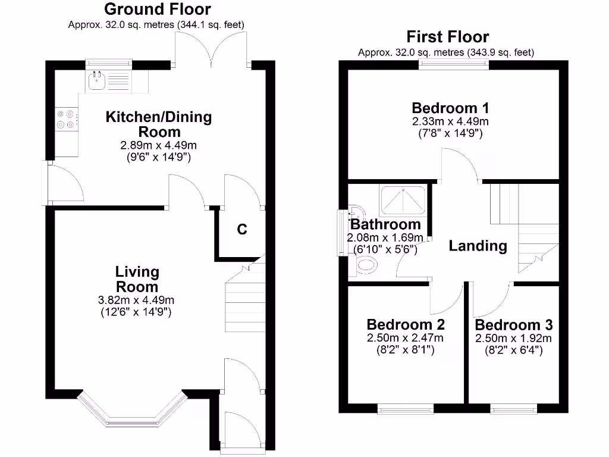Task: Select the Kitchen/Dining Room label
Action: click(x=158, y=124)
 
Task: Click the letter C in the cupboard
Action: click(x=242, y=229)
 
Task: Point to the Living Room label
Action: click(x=137, y=279)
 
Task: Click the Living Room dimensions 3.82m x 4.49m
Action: click(x=137, y=300)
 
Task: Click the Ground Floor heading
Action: click(x=157, y=9)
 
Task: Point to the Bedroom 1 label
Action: click(x=451, y=108)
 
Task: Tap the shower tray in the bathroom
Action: click(x=403, y=199)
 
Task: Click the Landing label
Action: click(x=478, y=245)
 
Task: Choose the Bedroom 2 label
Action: click(x=406, y=325)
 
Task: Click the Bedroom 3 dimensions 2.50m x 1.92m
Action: click(x=513, y=338)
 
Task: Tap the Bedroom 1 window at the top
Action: click(x=456, y=64)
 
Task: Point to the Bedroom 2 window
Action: click(x=406, y=409)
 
